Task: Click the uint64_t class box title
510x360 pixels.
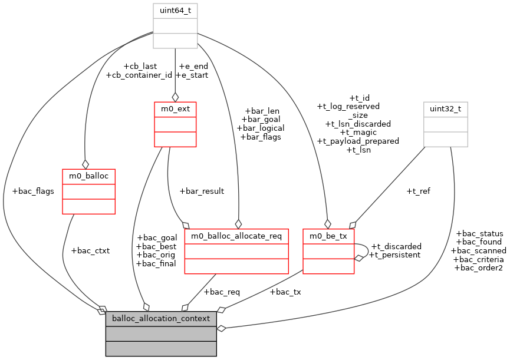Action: [x=175, y=11]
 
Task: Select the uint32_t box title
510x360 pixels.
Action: [x=446, y=109]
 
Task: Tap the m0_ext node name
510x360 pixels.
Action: [x=175, y=109]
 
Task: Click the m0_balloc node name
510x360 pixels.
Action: [x=88, y=176]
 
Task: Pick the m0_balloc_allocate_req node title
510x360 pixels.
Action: [x=236, y=236]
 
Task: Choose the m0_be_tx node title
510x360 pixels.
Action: [x=328, y=236]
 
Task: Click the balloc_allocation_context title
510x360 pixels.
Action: [x=161, y=319]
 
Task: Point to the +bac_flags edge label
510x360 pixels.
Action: [x=33, y=192]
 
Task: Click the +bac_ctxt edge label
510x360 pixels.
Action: [x=90, y=250]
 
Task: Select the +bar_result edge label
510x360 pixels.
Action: [x=201, y=191]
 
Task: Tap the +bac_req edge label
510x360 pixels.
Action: [x=221, y=292]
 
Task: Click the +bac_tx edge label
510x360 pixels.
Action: [x=285, y=292]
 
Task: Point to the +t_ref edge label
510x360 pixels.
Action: [x=418, y=191]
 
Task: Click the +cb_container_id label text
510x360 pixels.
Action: [x=139, y=75]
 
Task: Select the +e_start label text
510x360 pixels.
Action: [x=192, y=75]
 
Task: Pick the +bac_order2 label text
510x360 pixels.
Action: [x=478, y=267]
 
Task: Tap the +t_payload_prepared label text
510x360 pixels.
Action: [x=358, y=141]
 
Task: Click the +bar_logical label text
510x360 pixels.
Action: [x=261, y=128]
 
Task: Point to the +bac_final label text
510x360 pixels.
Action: [x=156, y=263]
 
